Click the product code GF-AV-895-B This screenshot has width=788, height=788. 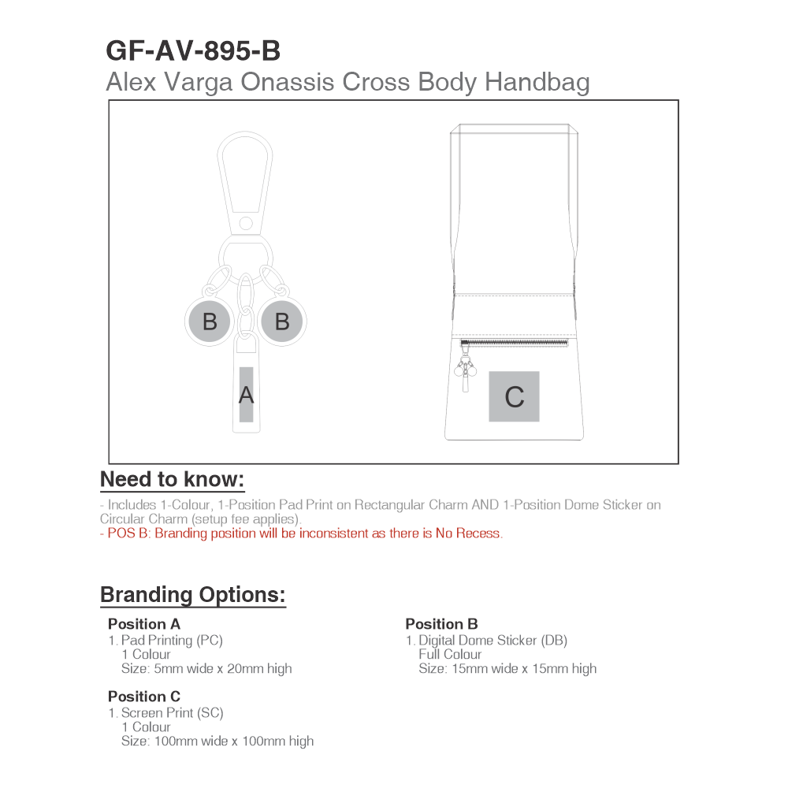coord(193,50)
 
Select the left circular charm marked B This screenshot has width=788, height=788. coord(210,322)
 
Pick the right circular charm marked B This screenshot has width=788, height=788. coord(282,322)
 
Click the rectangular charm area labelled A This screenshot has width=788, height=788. coord(247,395)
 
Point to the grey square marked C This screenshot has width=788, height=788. coord(514,396)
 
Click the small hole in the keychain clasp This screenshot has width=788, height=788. coord(246,223)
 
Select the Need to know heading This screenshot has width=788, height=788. coord(173,479)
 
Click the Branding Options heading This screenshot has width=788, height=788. coord(193,594)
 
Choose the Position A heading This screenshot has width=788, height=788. coord(144,624)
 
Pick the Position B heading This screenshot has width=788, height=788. coord(441,624)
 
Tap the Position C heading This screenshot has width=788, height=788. coord(144,697)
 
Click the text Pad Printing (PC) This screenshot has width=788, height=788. coord(172,640)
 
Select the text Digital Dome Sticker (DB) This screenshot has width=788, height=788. coord(492,640)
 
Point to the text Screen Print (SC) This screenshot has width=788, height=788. coord(172,712)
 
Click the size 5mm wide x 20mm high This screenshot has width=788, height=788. coord(206,668)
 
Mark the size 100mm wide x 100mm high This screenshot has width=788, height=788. coord(217,741)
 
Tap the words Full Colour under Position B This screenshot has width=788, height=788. coord(450,654)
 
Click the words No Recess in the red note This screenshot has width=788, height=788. coord(468,533)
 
